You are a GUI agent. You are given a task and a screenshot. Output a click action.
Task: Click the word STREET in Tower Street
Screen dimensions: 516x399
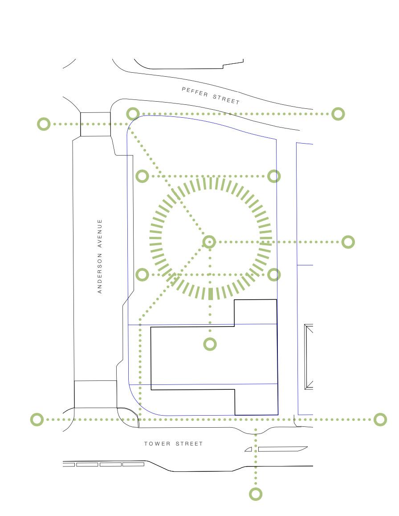point(189,444)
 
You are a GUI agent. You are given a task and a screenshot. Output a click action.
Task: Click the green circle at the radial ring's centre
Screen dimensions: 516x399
point(210,242)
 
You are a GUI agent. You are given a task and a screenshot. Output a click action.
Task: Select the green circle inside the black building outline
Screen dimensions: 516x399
point(210,344)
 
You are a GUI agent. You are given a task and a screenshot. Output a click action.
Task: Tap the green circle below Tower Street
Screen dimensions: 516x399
point(256,494)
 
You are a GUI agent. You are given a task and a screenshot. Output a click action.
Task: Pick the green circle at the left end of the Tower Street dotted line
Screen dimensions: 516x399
point(37,419)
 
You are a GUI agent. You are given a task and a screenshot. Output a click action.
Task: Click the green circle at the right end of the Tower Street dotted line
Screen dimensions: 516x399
point(380,419)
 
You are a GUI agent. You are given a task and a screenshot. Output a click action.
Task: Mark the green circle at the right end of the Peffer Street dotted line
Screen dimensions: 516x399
point(338,114)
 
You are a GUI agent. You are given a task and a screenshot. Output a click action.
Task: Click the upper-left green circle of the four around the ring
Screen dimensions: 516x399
point(142,176)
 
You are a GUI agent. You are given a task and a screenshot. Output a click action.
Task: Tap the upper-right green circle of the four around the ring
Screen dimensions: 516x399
point(274,176)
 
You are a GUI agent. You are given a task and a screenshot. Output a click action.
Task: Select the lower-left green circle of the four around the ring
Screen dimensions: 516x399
point(142,275)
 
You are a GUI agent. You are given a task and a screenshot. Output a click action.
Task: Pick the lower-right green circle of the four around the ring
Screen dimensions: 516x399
point(274,275)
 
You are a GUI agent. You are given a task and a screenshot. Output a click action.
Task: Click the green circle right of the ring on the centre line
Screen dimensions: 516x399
point(348,242)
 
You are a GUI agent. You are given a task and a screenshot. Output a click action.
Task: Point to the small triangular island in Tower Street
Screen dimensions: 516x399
point(248,450)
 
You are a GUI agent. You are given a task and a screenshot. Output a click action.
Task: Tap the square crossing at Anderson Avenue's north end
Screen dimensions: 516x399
point(95,124)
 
